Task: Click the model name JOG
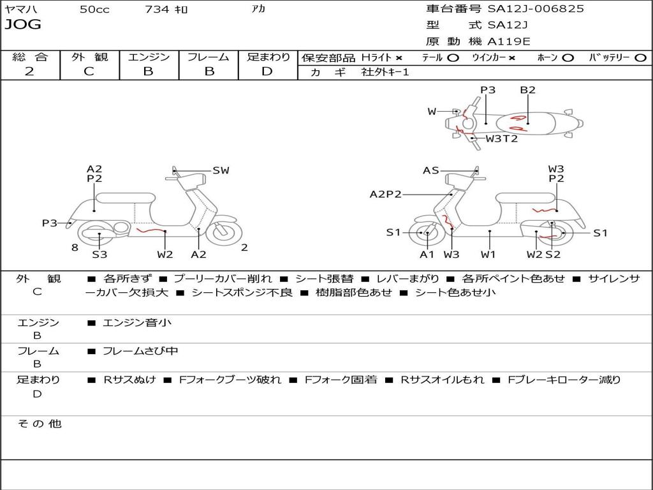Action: pos(23,25)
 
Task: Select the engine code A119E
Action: pos(508,42)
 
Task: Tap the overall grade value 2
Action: pos(29,71)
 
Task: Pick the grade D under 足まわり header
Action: pos(267,71)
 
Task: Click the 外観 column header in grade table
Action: pos(89,57)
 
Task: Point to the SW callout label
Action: pos(221,170)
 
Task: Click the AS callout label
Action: pos(431,170)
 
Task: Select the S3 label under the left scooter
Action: pos(99,255)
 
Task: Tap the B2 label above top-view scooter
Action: pos(527,90)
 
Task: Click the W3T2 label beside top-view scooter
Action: pos(502,138)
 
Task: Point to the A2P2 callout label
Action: pos(385,195)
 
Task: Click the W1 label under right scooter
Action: pos(488,255)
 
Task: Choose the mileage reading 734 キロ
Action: pos(166,10)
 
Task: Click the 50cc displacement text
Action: pos(94,10)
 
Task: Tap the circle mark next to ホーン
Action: pos(568,57)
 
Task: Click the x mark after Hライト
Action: pos(399,57)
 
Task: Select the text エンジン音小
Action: pos(137,323)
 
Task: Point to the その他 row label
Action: pos(39,424)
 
